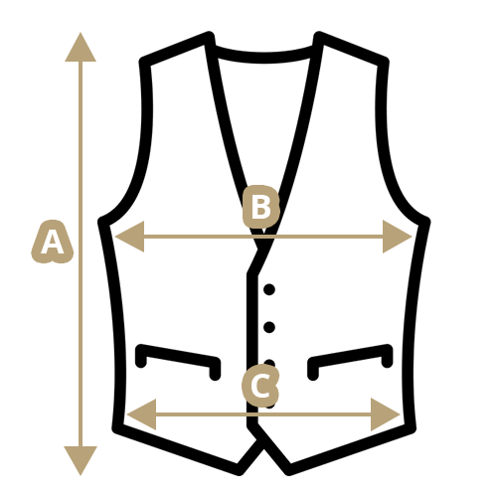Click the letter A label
point(52,243)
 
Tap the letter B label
point(260,207)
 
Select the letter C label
point(260,386)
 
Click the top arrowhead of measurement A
point(81,47)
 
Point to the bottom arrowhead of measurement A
point(81,460)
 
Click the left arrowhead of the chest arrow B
point(129,237)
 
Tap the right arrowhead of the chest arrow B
point(398,237)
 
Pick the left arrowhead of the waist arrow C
point(141,414)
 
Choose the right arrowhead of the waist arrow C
point(386,414)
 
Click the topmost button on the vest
point(269,289)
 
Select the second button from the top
point(269,327)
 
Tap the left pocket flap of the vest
point(178,357)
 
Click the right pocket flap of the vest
point(350,357)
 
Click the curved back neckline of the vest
point(264,57)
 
